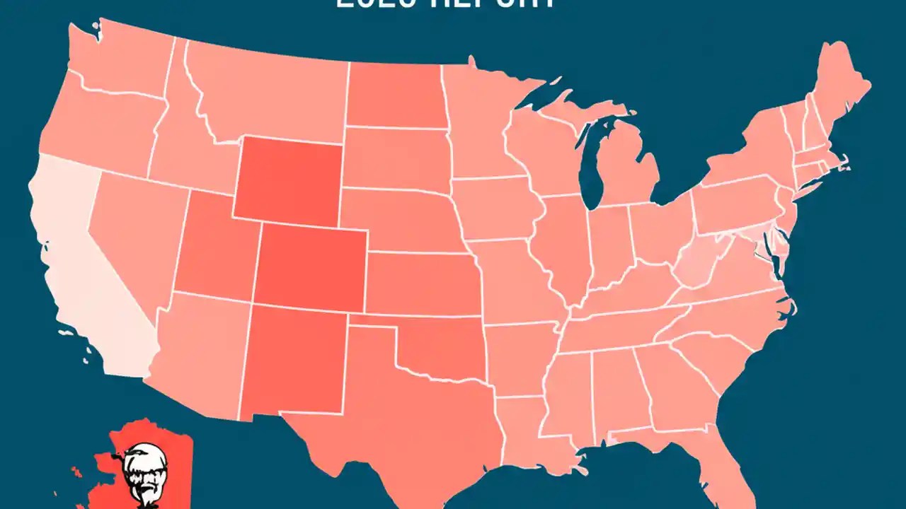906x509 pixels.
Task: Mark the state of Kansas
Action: (425, 283)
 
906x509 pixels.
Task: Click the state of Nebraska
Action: (403, 219)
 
